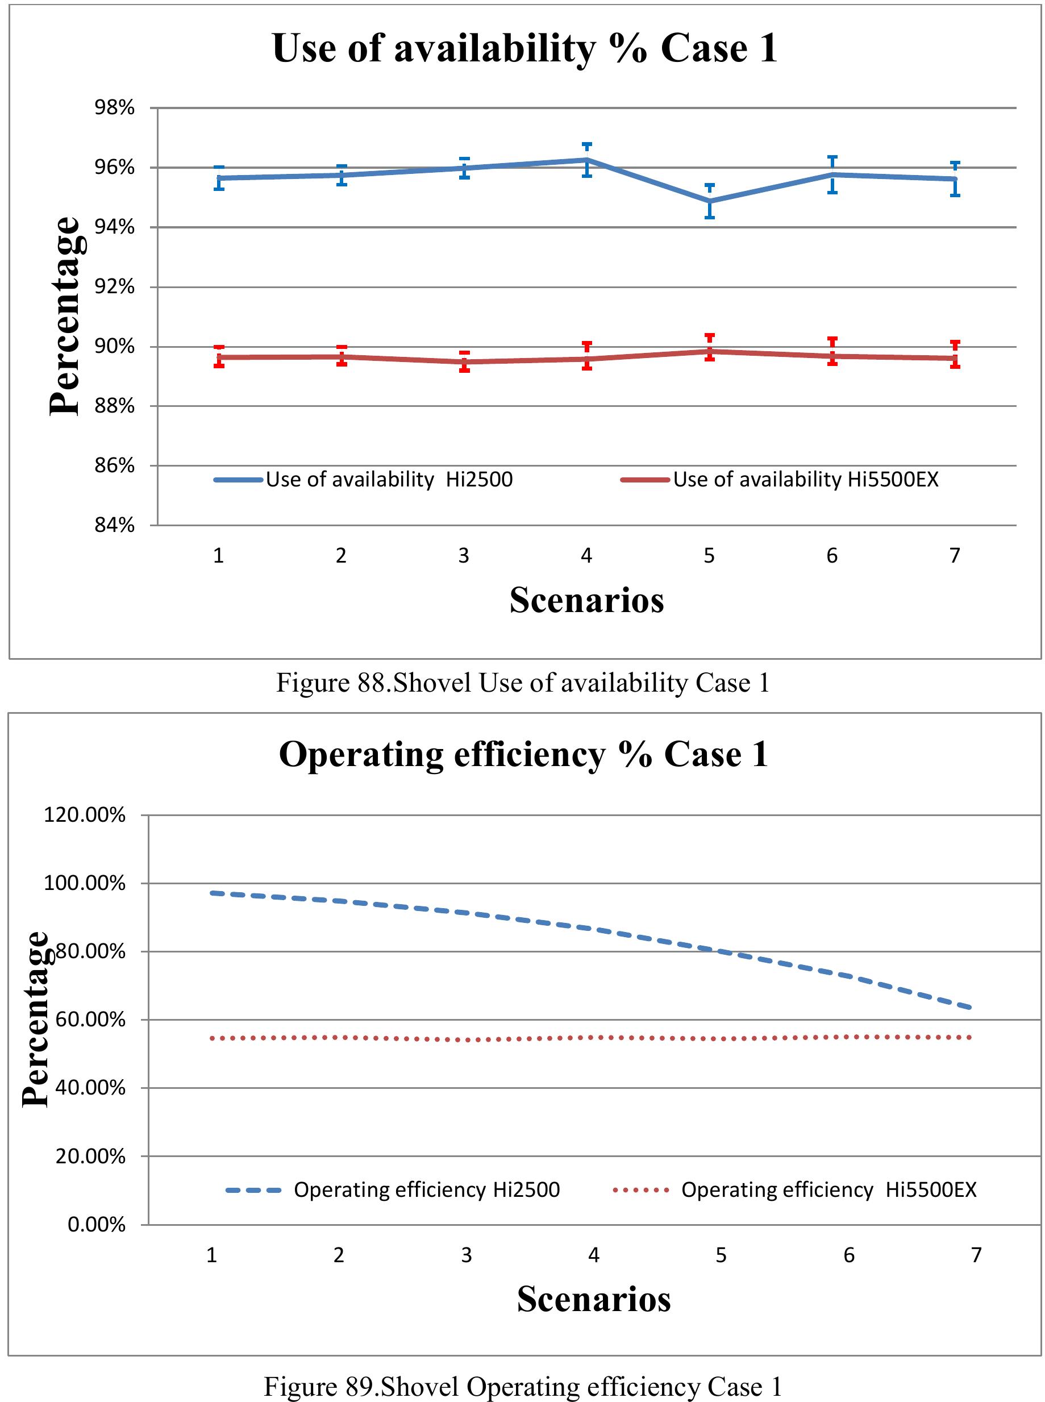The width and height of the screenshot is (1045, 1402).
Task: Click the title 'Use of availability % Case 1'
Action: click(x=524, y=48)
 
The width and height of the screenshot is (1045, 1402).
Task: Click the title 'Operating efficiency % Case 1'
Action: click(x=524, y=754)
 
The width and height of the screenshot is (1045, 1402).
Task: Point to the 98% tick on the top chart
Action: click(x=114, y=107)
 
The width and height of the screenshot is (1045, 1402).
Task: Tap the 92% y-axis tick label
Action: click(x=114, y=286)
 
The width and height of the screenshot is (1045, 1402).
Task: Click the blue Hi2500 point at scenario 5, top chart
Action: click(x=710, y=201)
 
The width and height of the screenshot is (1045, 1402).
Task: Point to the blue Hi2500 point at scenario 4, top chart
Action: click(x=587, y=160)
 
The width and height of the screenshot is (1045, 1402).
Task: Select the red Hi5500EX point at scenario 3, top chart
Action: click(x=464, y=362)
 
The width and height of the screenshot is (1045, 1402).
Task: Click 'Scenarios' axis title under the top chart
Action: click(x=586, y=600)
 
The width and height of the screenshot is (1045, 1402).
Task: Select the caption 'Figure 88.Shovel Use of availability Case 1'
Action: click(x=523, y=683)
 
